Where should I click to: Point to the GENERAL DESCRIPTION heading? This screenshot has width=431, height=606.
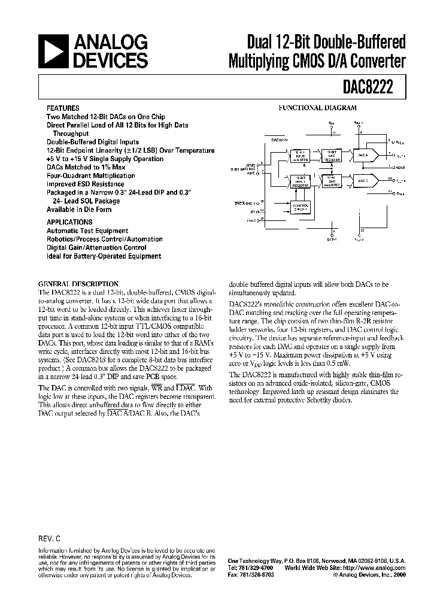[x=78, y=284]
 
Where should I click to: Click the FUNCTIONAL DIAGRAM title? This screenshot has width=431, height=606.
[x=317, y=108]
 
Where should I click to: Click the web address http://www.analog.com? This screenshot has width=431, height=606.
[x=378, y=568]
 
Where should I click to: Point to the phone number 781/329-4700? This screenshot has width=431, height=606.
[x=259, y=568]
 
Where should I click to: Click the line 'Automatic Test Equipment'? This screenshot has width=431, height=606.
[x=87, y=231]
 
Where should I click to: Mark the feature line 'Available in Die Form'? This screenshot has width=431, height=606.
[x=79, y=210]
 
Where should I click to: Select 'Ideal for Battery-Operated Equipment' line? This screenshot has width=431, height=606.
[x=104, y=256]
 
